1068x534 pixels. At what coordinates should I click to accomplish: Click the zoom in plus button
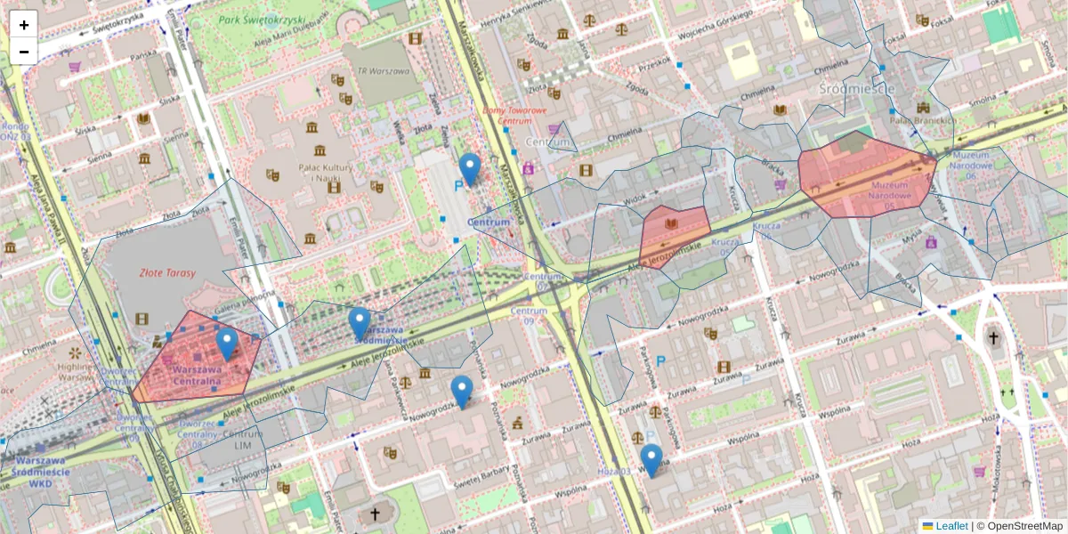24,25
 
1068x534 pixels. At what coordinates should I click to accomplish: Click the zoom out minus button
24,52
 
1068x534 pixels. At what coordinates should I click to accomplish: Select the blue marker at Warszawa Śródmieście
360,323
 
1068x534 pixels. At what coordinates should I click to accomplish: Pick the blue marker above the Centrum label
469,168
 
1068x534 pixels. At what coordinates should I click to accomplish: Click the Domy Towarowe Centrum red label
514,115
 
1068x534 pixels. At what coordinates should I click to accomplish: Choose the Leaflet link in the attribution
951,526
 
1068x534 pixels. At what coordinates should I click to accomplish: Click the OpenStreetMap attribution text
1023,526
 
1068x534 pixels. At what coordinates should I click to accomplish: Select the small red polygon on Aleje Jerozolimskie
674,234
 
